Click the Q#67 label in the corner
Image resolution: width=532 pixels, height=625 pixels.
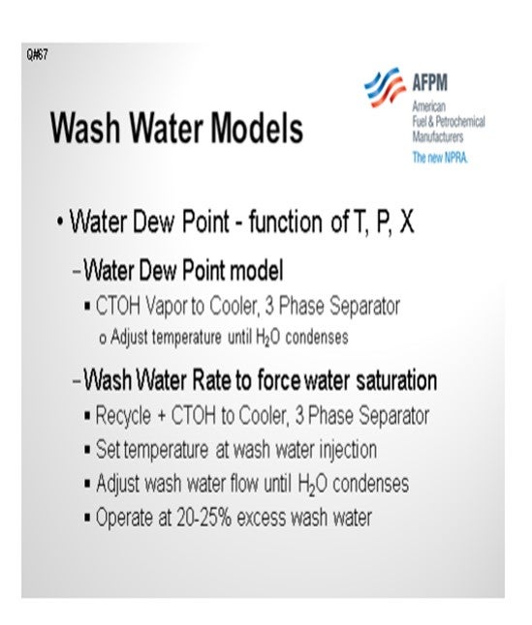click(x=38, y=54)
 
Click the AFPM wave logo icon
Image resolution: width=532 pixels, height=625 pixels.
click(x=385, y=87)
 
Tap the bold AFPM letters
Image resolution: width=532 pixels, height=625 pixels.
click(x=430, y=82)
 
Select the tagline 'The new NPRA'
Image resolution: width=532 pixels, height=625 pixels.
click(x=440, y=157)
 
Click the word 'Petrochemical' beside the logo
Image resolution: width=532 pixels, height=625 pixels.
click(x=460, y=122)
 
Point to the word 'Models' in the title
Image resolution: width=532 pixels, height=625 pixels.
click(x=257, y=128)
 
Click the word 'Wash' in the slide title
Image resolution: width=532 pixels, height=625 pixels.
click(x=85, y=128)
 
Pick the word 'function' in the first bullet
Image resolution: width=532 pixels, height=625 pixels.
click(x=285, y=222)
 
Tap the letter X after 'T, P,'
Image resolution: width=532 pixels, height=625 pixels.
click(x=406, y=222)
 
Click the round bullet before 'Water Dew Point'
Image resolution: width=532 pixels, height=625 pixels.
click(x=60, y=222)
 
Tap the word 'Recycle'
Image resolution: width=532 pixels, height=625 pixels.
click(x=123, y=416)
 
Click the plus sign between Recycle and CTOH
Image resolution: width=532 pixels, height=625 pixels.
click(x=161, y=416)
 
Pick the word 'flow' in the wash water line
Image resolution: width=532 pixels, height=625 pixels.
click(x=244, y=484)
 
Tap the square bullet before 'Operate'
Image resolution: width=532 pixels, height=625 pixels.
click(x=87, y=519)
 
